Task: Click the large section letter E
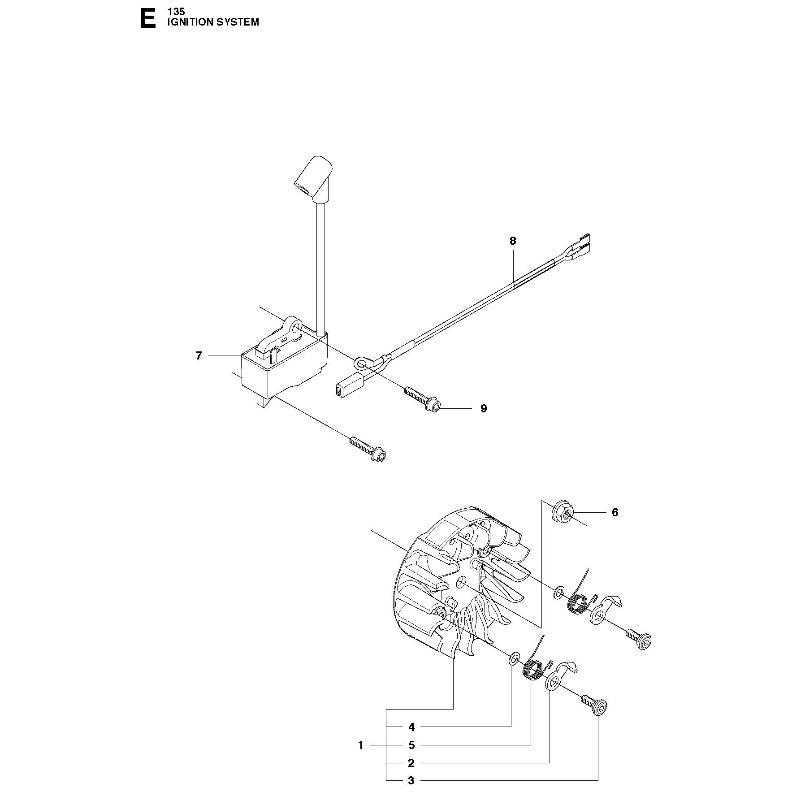pyautogui.click(x=148, y=19)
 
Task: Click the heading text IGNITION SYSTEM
pyautogui.click(x=213, y=22)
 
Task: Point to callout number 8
pyautogui.click(x=513, y=241)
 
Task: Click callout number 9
pyautogui.click(x=484, y=408)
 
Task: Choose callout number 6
pyautogui.click(x=615, y=512)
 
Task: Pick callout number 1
pyautogui.click(x=361, y=745)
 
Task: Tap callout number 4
pyautogui.click(x=411, y=727)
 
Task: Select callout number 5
pyautogui.click(x=411, y=745)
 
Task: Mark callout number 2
pyautogui.click(x=411, y=763)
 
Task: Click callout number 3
pyautogui.click(x=411, y=780)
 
